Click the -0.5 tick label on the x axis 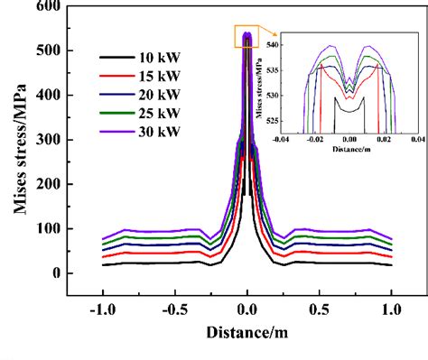coord(174,308)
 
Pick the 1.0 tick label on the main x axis coord(391,308)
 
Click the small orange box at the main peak coord(247,37)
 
